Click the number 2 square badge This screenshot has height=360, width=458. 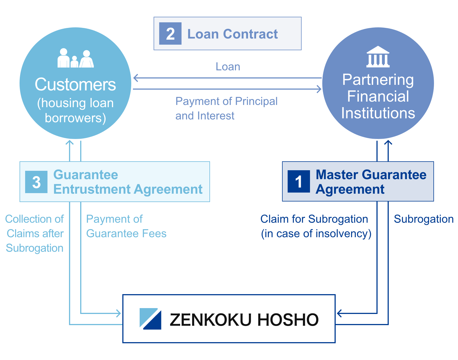point(170,33)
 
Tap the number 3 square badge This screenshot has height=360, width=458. point(36,182)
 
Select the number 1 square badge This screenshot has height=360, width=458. point(299,181)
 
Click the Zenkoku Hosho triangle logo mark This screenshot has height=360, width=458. point(150,319)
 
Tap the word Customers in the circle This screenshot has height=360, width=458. point(75,84)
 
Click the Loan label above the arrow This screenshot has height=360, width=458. point(228,67)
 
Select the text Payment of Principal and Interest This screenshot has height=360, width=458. point(226,108)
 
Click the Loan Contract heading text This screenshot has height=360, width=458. point(232,34)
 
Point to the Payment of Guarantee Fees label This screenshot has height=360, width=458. point(126,226)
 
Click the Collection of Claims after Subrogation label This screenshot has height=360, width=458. point(35,233)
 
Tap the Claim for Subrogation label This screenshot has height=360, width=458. point(316,226)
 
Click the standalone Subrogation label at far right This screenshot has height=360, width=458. point(423,219)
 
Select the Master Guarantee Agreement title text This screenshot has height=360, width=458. point(371,182)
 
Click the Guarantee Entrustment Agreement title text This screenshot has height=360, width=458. point(128,182)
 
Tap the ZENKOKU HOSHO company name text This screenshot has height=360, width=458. point(244,320)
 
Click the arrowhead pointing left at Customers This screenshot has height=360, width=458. point(135,78)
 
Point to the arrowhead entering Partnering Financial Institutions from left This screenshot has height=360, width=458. point(319,89)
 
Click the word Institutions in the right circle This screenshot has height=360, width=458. point(378,113)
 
